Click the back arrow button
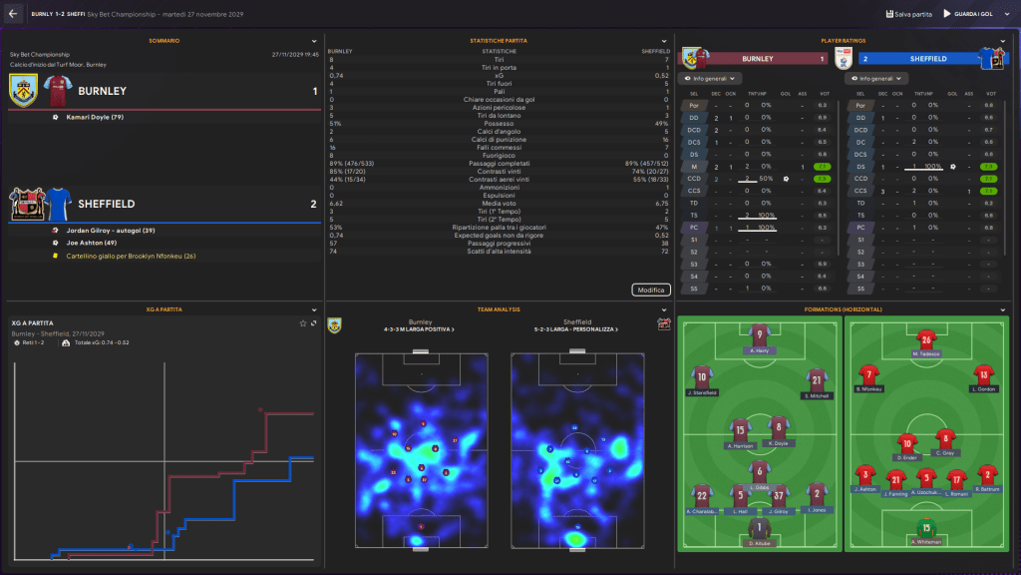(12, 14)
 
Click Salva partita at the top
(909, 14)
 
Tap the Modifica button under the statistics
(650, 289)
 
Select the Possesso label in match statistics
(499, 124)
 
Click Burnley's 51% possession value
(336, 124)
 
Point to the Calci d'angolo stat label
(499, 132)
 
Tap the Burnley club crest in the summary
(23, 91)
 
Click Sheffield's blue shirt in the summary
(56, 203)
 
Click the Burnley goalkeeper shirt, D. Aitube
(761, 528)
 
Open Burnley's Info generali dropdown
(710, 78)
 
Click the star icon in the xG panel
(303, 323)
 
